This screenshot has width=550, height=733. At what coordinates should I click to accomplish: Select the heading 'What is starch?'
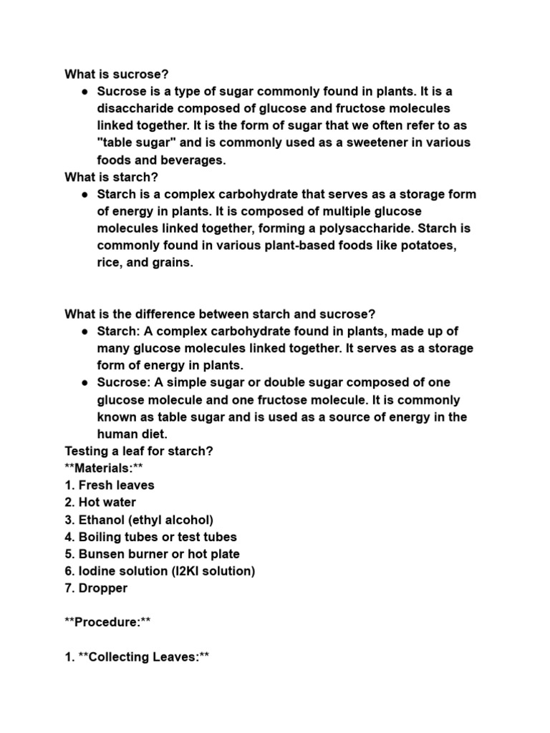pyautogui.click(x=111, y=177)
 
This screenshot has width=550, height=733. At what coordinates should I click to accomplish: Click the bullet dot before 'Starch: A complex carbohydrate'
pyautogui.click(x=85, y=331)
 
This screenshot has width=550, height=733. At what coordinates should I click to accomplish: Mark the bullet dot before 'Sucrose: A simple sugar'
pyautogui.click(x=85, y=383)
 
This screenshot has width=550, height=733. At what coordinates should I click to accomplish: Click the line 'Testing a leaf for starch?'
pyautogui.click(x=139, y=451)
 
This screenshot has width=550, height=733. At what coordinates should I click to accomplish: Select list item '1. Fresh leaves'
pyautogui.click(x=110, y=485)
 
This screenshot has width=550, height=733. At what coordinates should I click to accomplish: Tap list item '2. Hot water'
pyautogui.click(x=100, y=503)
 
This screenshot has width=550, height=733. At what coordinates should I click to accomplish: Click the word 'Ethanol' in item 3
pyautogui.click(x=103, y=520)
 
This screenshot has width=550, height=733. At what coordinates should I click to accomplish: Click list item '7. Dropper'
pyautogui.click(x=96, y=588)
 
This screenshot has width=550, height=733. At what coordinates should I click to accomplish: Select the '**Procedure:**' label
pyautogui.click(x=108, y=623)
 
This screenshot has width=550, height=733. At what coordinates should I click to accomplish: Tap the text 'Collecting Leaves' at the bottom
pyautogui.click(x=143, y=657)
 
